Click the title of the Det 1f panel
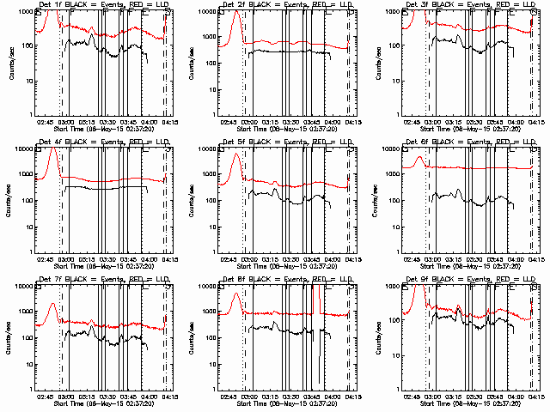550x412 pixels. [103, 5]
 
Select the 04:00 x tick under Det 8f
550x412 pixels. [332, 397]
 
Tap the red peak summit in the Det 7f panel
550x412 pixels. [53, 304]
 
